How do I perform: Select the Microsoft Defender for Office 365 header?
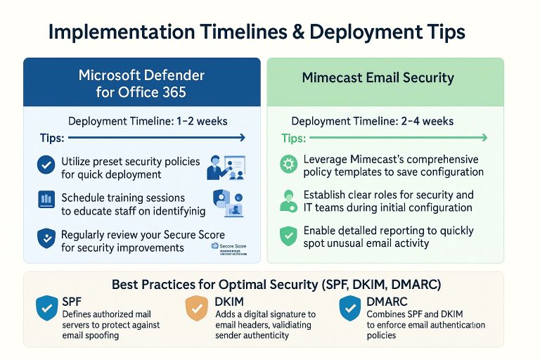coord(141,82)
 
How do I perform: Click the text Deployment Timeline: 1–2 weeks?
coord(148,121)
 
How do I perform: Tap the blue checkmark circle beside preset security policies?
coord(46,166)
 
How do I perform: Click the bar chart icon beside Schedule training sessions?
coord(46,200)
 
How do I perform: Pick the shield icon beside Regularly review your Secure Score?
coord(46,238)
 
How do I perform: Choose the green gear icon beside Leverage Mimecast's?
coord(288,165)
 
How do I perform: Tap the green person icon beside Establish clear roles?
coord(288,200)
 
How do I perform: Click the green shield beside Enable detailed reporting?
coord(288,236)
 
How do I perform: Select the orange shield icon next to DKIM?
coord(195,309)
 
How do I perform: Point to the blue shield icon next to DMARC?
coord(349,309)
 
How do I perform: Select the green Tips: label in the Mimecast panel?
coord(294,139)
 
